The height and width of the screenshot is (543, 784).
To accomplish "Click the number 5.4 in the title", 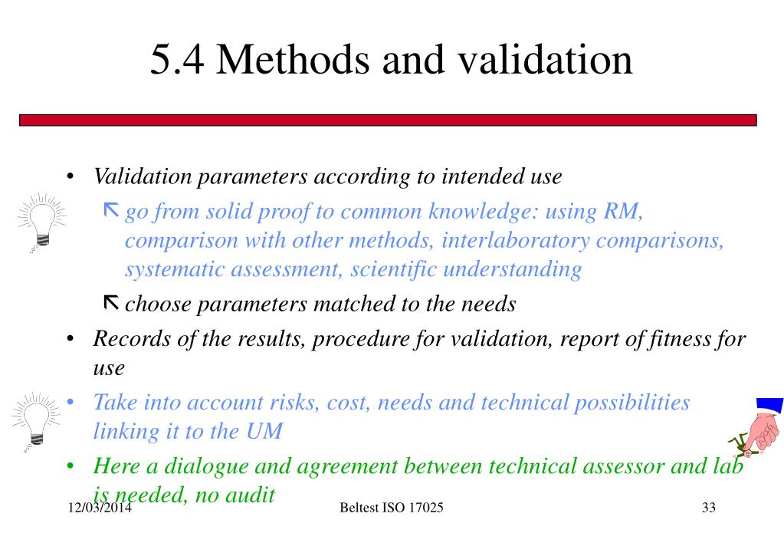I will [177, 60].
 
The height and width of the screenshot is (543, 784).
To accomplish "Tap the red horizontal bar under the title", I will [387, 120].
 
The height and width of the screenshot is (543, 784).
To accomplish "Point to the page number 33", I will [707, 508].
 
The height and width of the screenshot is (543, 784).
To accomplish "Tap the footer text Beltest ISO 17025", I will [391, 508].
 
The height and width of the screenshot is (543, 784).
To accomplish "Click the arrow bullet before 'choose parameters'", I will [110, 304].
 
